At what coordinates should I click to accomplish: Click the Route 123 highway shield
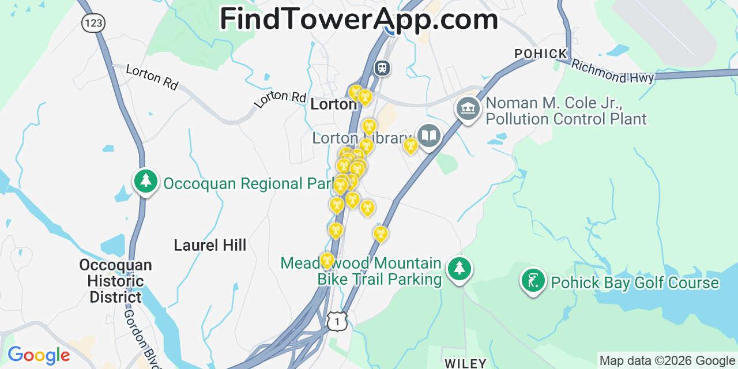(x=92, y=23)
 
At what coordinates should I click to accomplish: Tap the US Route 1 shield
(x=337, y=321)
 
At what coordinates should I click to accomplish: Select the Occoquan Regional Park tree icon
(x=146, y=181)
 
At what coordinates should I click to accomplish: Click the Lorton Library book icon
(x=429, y=136)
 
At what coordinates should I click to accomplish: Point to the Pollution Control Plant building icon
(x=468, y=108)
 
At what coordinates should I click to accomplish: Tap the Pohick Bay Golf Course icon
(x=533, y=280)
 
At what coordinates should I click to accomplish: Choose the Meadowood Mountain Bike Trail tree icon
(x=460, y=268)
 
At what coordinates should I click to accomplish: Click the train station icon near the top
(x=382, y=68)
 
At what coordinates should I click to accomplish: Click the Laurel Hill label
(x=210, y=245)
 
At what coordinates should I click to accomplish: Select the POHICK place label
(x=541, y=54)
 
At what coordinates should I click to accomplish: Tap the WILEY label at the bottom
(x=466, y=363)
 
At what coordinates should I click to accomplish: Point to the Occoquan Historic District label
(x=115, y=281)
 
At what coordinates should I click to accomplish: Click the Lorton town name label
(x=333, y=104)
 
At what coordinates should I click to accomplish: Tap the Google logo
(x=38, y=355)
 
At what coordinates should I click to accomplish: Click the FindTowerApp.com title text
(x=359, y=19)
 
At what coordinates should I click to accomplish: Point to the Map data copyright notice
(x=668, y=361)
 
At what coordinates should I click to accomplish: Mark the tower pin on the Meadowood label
(x=327, y=260)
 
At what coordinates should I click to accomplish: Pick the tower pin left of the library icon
(x=411, y=145)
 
